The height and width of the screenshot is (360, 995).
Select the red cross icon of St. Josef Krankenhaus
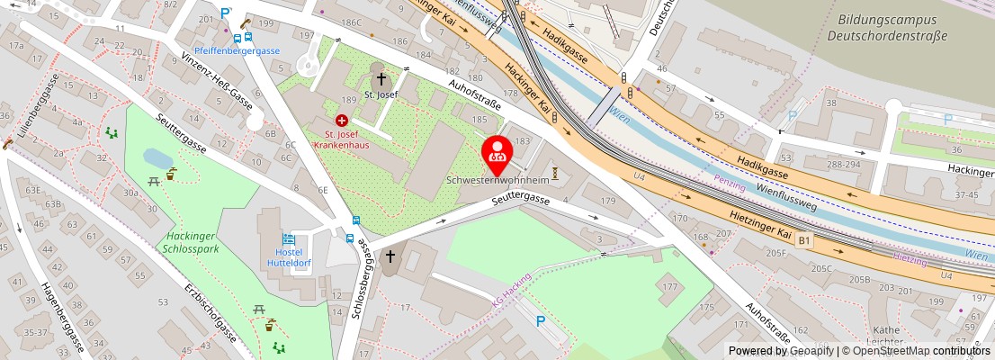341,120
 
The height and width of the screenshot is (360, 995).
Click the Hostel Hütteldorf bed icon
289,239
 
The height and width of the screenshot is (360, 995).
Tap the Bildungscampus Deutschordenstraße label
887,27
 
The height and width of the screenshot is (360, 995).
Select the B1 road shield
803,240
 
